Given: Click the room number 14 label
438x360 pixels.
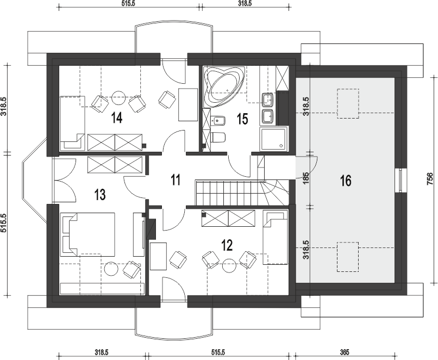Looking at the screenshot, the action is point(116,117).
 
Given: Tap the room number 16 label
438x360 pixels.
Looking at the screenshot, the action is point(346,181).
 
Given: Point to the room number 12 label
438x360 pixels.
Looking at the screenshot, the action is point(227,245).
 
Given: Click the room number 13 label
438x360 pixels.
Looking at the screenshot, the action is point(100,194).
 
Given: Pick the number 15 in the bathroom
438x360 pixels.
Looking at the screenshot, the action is point(242,119).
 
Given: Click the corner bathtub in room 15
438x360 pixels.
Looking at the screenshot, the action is point(224,86).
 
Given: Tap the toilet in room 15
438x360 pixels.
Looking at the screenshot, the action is point(218,138).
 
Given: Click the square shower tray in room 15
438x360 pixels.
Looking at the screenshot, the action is point(274,139).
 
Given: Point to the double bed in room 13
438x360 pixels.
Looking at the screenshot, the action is point(87,234).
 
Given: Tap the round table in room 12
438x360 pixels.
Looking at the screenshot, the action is point(229,266).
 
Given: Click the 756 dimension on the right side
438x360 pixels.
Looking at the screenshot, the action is point(430,179).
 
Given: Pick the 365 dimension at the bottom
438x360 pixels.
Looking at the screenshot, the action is point(345,352).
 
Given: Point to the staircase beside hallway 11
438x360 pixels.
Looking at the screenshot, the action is point(242,193).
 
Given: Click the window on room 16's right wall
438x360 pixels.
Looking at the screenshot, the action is point(401,181).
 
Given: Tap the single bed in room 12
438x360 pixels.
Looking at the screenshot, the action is point(275,237).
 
